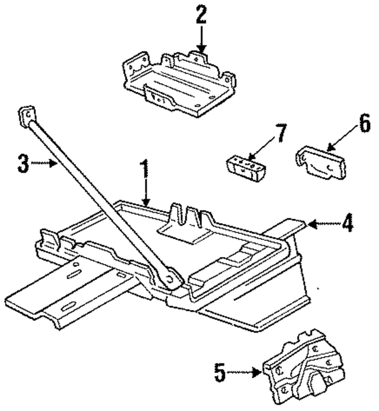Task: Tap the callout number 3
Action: (23, 162)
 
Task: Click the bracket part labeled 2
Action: (178, 83)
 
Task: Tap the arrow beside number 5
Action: (245, 373)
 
